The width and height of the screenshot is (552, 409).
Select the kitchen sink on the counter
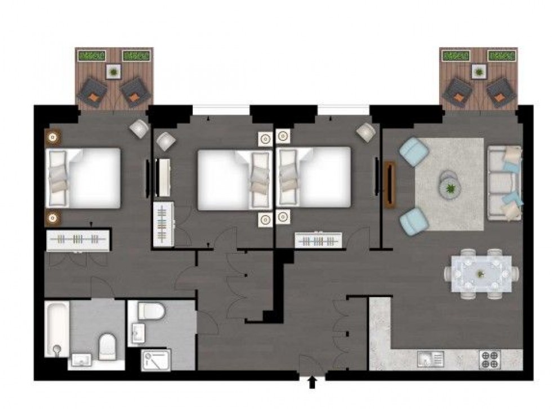tap(431, 358)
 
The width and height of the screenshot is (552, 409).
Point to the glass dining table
tap(481, 274)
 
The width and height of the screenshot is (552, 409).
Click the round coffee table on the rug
tap(449, 183)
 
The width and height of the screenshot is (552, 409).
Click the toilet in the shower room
tap(150, 310)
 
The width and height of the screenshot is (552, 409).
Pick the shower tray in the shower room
tap(155, 359)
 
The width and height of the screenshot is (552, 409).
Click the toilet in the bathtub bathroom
tap(107, 346)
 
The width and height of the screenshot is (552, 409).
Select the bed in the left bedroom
tap(84, 178)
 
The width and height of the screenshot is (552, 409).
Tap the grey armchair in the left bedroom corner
tap(139, 128)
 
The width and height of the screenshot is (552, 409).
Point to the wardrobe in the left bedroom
tap(78, 240)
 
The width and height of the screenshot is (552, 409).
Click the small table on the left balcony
tap(114, 72)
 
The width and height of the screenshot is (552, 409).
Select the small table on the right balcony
tap(479, 72)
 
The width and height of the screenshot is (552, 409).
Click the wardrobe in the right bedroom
tap(318, 240)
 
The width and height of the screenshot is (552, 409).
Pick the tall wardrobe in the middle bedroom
tap(163, 224)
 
